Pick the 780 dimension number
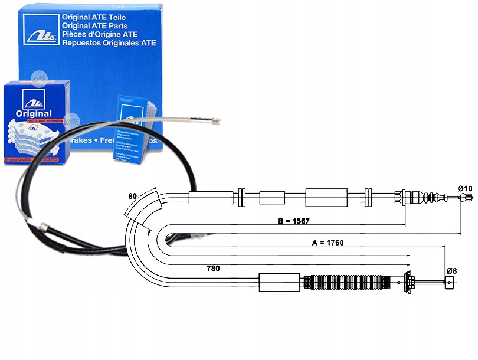click(213, 269)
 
